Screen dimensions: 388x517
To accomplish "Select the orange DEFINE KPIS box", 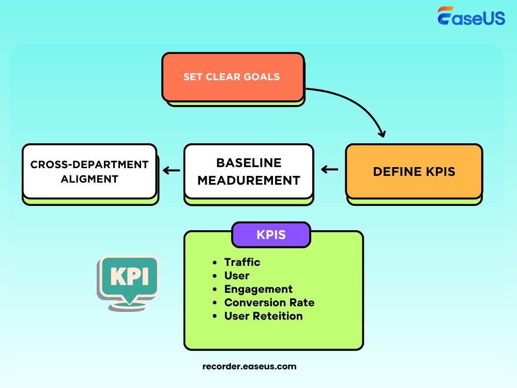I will click(x=414, y=171).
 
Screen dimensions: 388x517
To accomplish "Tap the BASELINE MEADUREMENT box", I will click(x=249, y=171).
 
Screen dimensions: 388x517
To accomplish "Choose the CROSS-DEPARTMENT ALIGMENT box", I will click(x=89, y=171).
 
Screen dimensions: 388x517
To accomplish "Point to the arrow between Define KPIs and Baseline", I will click(x=329, y=170).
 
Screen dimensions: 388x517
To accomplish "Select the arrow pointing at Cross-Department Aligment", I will click(x=171, y=170).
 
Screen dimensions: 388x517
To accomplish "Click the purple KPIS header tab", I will click(x=271, y=235).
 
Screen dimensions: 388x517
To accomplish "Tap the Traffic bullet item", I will click(x=242, y=262).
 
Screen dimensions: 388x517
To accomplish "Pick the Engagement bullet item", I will click(x=258, y=289).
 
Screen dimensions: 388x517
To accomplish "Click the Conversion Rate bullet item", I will click(x=269, y=303).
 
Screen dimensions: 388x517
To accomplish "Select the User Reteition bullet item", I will click(x=263, y=316).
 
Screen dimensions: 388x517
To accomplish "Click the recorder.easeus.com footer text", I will click(x=250, y=366).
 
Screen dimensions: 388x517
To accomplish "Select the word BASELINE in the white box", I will click(x=249, y=162).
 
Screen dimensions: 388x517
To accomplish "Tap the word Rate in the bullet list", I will click(x=302, y=303).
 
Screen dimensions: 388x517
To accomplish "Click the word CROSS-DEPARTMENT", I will click(x=89, y=165).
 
